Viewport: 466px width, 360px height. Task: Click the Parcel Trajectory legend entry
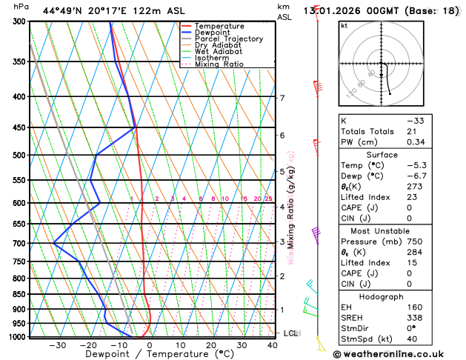click(x=228, y=39)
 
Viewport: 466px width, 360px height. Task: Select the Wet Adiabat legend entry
click(x=218, y=52)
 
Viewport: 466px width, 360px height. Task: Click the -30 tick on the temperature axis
click(x=57, y=345)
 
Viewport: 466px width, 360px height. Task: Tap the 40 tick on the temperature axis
click(x=273, y=345)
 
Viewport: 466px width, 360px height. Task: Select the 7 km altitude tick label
click(x=282, y=99)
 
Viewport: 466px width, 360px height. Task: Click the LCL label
click(x=290, y=333)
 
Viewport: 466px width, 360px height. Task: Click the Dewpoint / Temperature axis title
click(x=149, y=355)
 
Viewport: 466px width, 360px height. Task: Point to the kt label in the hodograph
click(x=344, y=25)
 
